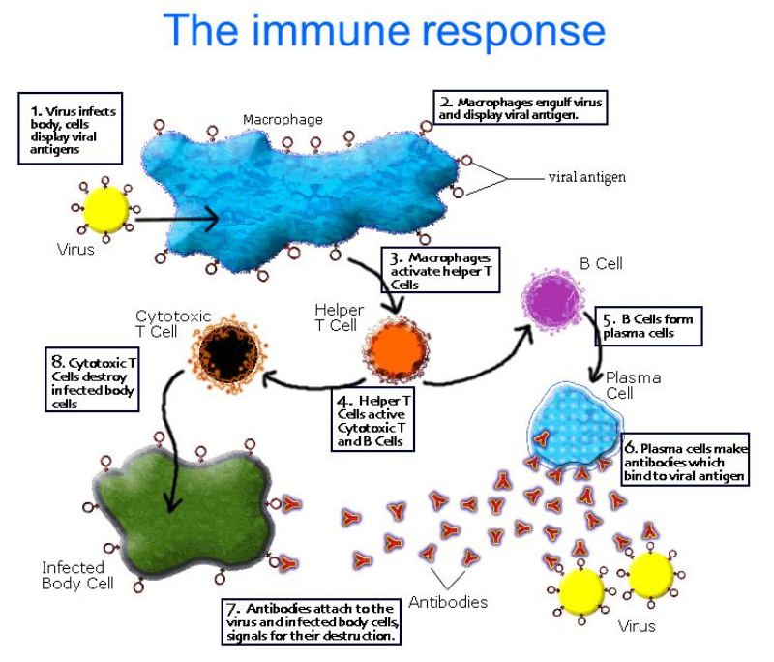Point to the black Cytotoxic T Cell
(x=226, y=354)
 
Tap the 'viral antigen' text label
(x=586, y=177)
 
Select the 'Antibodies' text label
(x=447, y=602)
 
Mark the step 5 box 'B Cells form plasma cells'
(x=647, y=326)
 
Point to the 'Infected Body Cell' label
(x=77, y=575)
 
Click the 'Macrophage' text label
(x=283, y=120)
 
